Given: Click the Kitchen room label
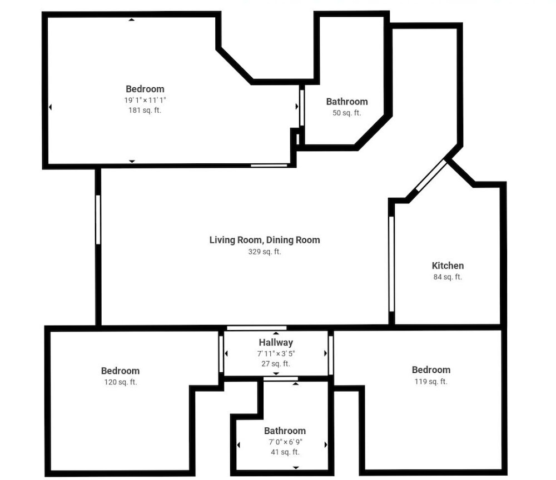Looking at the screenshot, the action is click(448, 266).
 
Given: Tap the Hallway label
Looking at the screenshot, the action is click(276, 343).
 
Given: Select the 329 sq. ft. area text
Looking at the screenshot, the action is click(265, 252).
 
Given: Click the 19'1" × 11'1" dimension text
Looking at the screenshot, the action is click(145, 100).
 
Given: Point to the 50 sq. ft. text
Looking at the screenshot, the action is click(346, 113).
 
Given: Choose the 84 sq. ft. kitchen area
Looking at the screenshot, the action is click(448, 277).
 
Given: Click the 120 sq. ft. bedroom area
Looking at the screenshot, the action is click(121, 382).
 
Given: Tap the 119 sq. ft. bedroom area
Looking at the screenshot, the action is click(431, 382).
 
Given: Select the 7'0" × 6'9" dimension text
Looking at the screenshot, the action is click(285, 442).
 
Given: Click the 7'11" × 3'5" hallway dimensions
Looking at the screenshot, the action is click(276, 353).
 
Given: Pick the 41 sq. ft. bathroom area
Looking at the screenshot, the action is click(285, 452).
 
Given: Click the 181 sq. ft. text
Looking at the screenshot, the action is click(145, 110).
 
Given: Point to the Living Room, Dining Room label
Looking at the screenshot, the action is click(265, 240).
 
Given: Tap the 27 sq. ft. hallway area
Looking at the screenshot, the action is click(276, 364).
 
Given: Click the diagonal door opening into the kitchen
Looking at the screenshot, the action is click(431, 176).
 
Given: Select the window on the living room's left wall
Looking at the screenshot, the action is click(98, 219).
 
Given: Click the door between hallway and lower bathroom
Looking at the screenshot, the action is click(280, 379).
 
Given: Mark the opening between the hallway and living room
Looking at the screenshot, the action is click(257, 328).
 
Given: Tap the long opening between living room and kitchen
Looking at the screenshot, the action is click(391, 264).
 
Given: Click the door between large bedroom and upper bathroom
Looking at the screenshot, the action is click(302, 108).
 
